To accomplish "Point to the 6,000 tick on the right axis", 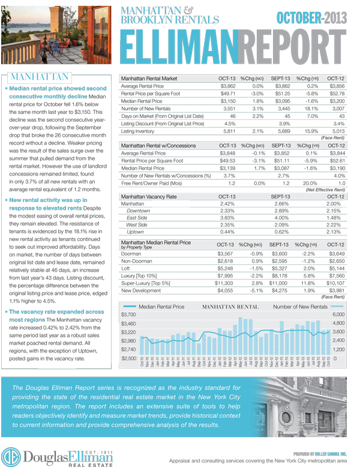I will pyautogui.click(x=340, y=315).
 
